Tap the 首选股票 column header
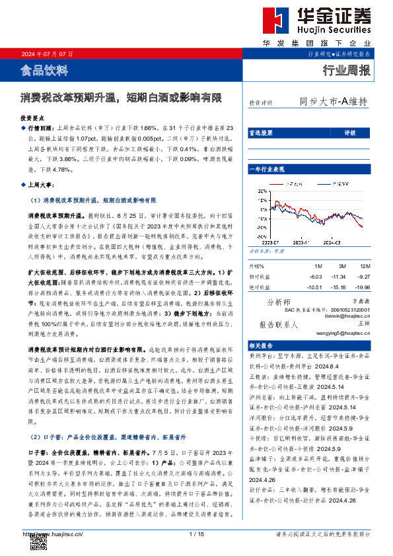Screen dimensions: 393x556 click(x=261, y=133)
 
